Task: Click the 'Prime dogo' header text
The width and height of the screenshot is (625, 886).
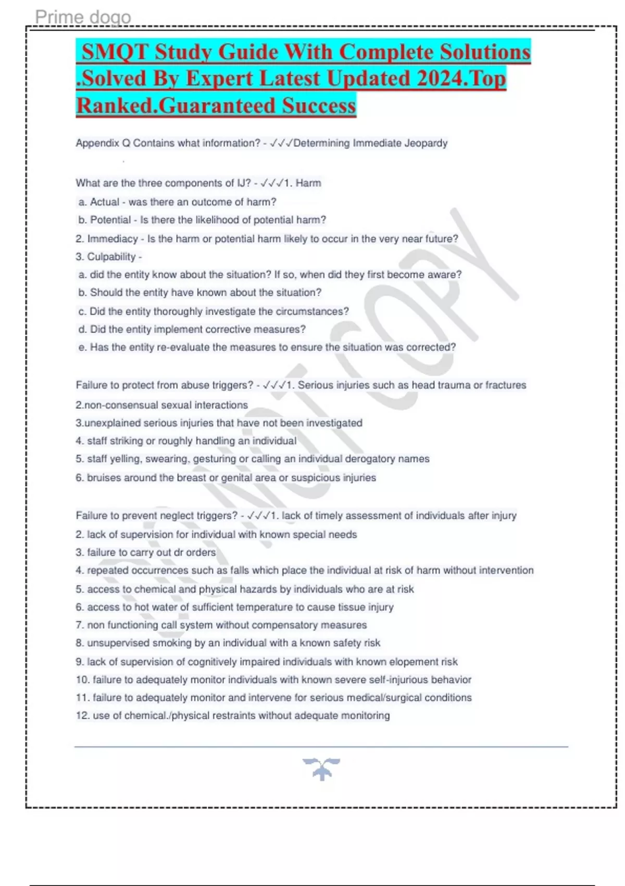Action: (x=83, y=17)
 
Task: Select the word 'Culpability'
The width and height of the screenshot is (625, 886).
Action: (x=111, y=256)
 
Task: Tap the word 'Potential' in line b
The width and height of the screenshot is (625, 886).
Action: (x=110, y=220)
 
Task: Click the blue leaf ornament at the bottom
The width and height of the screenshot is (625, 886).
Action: (x=321, y=769)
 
